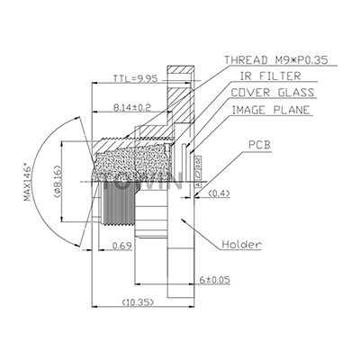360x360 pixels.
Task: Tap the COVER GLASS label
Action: coord(270,93)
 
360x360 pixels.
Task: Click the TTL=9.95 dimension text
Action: coord(135,78)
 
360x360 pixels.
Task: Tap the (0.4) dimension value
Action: coord(220,193)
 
